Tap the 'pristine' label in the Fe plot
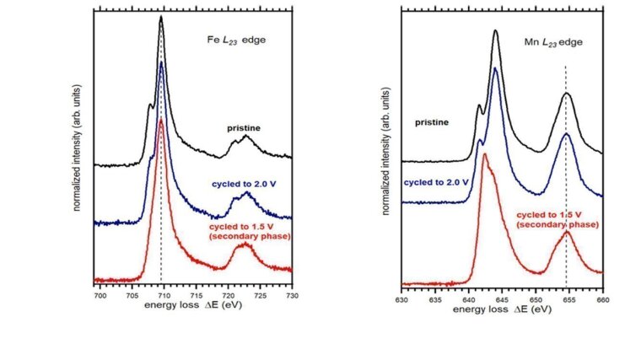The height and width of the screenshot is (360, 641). click(243, 127)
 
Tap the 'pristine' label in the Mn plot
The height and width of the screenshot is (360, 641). click(431, 122)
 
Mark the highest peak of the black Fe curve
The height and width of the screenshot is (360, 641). click(160, 17)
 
